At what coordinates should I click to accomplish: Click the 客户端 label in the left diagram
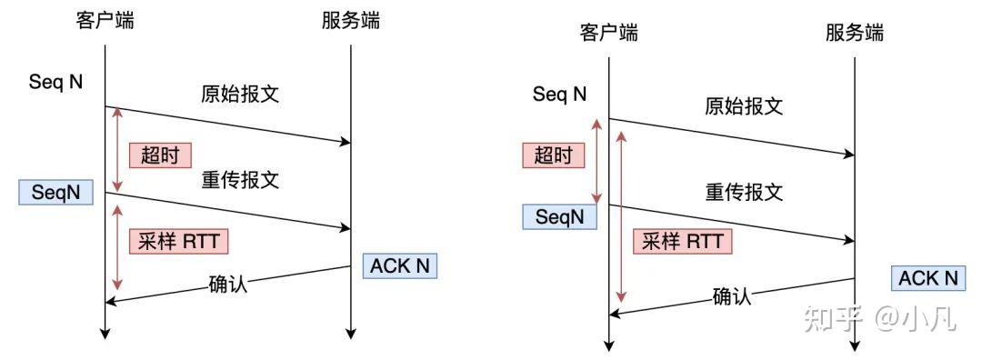pos(105,21)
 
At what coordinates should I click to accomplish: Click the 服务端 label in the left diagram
pos(350,21)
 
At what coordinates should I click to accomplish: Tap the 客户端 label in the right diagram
pos(608,34)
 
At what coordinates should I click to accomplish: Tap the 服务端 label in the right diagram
pos(855,34)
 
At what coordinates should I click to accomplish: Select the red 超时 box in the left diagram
pos(160,154)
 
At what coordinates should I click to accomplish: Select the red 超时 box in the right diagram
pos(553,155)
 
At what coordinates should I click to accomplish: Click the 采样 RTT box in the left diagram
pos(178,241)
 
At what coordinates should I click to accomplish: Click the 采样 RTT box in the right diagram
pos(682,241)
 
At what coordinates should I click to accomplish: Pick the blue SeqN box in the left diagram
pos(55,193)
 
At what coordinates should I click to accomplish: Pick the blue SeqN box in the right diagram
pos(559,216)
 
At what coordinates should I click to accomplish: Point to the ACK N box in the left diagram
pos(399,265)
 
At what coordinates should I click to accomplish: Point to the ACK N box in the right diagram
pos(928,278)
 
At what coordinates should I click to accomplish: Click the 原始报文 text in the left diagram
pos(239,94)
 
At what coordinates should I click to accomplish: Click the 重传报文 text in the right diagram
pos(744,193)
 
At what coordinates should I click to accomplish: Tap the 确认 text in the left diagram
pos(227,283)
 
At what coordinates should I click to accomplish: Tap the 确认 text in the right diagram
pos(732,296)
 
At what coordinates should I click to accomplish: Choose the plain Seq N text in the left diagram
pos(55,82)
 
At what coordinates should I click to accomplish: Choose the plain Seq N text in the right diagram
pos(559,94)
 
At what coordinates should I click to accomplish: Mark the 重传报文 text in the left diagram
pos(239,180)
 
